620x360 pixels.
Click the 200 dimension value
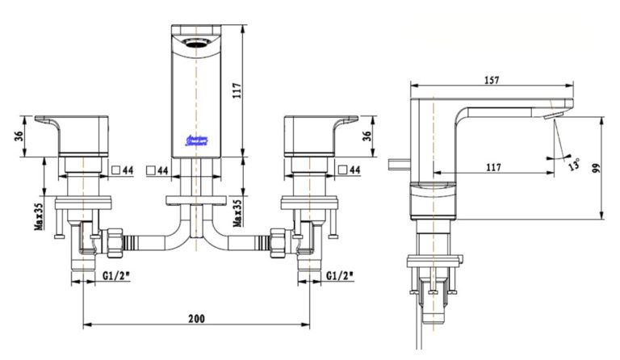(197, 318)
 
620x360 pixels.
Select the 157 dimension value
(492, 80)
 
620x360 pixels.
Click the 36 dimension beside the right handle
(368, 136)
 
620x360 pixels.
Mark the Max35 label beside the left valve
(38, 216)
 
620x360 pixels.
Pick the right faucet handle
(315, 134)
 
